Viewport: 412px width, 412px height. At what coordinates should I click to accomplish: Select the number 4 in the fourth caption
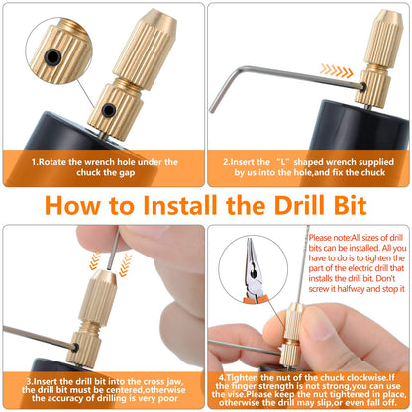pos(222,377)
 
